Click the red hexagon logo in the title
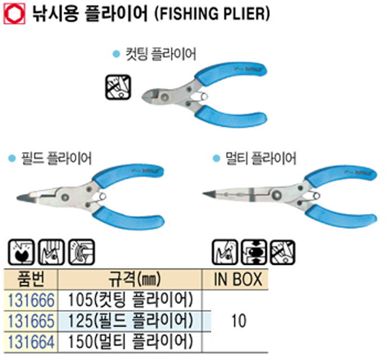(x=13, y=13)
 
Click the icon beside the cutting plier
(x=118, y=85)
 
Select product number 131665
(x=31, y=320)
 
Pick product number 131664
(x=31, y=340)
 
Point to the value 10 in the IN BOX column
(x=239, y=320)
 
